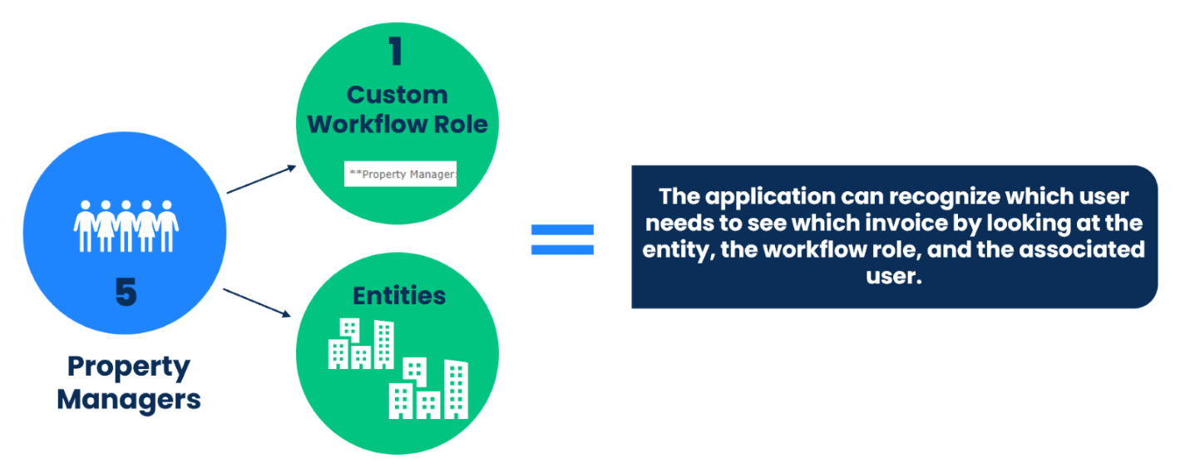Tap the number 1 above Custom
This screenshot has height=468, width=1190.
point(396,52)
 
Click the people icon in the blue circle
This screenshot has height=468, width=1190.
point(126,225)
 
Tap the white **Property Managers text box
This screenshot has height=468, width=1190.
point(401,175)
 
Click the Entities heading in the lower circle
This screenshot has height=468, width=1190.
point(399,296)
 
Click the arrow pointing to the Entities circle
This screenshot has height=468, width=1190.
point(258,302)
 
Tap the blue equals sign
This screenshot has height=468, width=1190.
point(563,239)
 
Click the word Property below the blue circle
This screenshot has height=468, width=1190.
point(129,367)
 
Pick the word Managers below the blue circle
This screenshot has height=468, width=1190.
point(129,400)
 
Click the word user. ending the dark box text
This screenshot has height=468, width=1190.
point(895,276)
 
